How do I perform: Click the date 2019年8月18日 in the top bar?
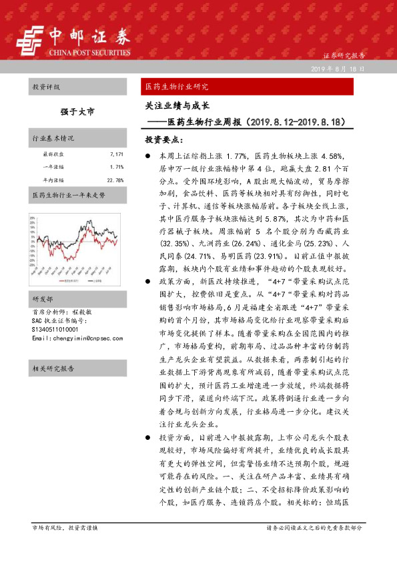tap(338, 69)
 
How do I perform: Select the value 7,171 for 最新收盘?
tap(117, 154)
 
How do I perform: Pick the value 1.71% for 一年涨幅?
tap(117, 167)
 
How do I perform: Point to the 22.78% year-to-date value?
tap(115, 180)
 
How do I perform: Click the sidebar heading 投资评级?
tap(46, 87)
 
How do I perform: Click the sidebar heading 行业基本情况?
tap(53, 138)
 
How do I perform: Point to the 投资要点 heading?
tap(164, 140)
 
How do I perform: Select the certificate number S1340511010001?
tap(55, 310)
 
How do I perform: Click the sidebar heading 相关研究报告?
tap(53, 368)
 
